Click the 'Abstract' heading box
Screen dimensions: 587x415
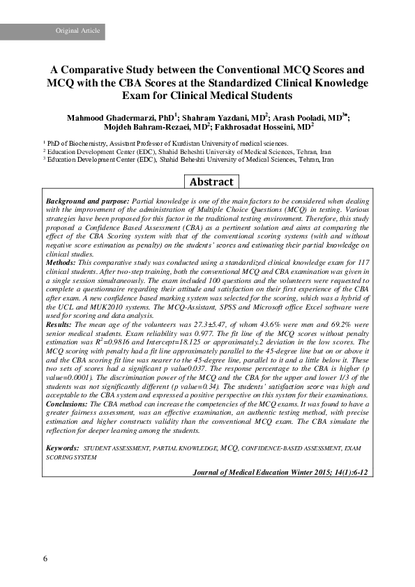[211, 181]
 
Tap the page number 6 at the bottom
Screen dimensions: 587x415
[45, 558]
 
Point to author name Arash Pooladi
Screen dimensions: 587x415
[300, 118]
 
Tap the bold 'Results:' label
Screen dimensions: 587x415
[59, 324]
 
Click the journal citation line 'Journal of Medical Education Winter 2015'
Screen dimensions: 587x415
[280, 472]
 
